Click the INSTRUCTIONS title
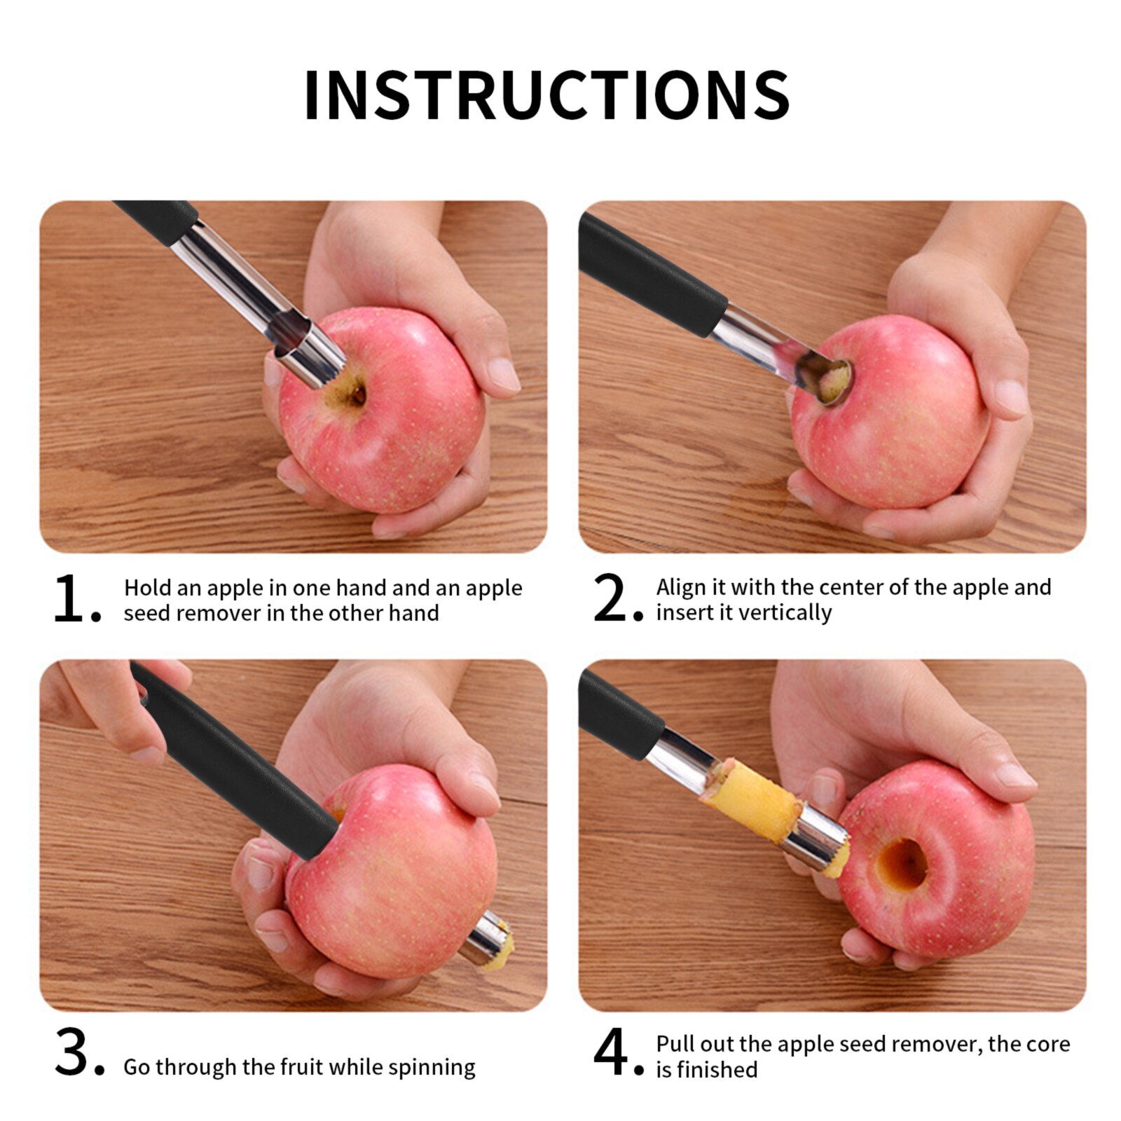coord(547,95)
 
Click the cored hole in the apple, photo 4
coord(902,864)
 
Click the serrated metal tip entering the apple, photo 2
coord(830,382)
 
